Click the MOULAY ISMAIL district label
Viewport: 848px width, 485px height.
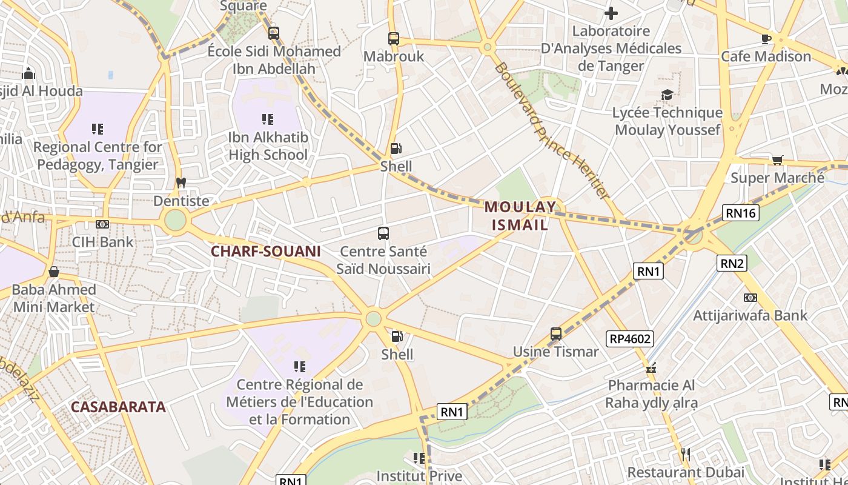[x=520, y=216]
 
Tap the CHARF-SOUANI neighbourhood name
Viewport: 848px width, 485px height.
[x=265, y=251]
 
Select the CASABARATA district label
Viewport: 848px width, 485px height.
[x=118, y=407]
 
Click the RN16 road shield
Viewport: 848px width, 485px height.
[x=740, y=212]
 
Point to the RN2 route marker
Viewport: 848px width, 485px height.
[x=732, y=263]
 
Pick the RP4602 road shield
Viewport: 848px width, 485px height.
[x=630, y=338]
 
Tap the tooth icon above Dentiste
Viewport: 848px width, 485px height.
[x=181, y=182]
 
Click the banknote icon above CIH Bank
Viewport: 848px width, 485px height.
[x=102, y=224]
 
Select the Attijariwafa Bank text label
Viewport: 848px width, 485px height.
[x=750, y=315]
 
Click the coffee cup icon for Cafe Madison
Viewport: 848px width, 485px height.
[x=766, y=39]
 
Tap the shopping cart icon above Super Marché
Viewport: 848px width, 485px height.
[x=777, y=160]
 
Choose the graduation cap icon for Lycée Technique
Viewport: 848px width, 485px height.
[x=667, y=95]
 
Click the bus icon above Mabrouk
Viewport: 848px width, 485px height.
[x=394, y=39]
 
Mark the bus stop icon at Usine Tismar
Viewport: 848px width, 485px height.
[x=556, y=334]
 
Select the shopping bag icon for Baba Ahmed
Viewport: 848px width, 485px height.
[x=54, y=272]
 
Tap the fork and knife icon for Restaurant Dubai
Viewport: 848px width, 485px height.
[x=686, y=454]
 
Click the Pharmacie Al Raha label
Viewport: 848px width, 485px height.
[x=651, y=394]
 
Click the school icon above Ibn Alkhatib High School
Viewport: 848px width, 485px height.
[x=268, y=119]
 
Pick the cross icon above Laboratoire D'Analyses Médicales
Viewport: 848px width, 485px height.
[x=611, y=13]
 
